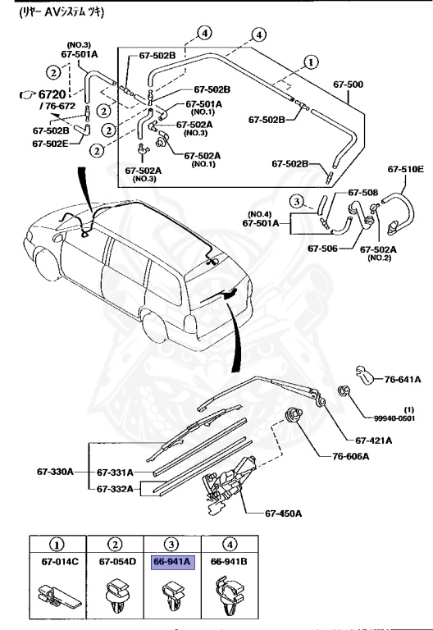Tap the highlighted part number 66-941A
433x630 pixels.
171,562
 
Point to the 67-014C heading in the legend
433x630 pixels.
56,562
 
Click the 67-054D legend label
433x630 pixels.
115,562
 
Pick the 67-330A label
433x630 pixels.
55,472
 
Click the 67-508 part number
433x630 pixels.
362,193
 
